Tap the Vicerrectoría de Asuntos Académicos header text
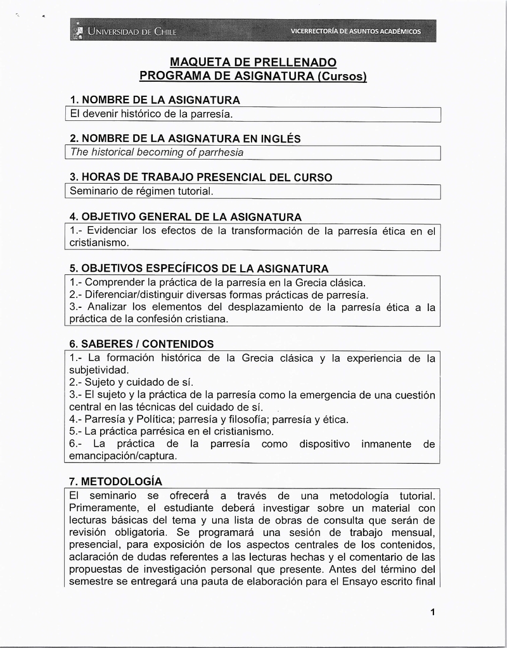tap(355, 31)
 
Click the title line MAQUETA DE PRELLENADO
tap(253, 62)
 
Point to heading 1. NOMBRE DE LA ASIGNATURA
tap(155, 100)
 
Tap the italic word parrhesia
tap(219, 153)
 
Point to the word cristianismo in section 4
tap(98, 243)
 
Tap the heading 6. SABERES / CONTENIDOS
tap(141, 344)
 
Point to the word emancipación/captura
tap(123, 456)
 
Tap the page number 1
tap(432, 612)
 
